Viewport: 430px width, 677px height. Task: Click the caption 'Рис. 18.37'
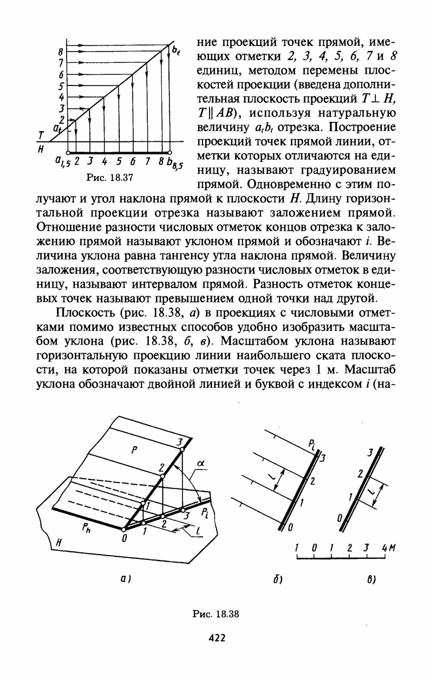click(110, 177)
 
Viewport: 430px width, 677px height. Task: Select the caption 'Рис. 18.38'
click(216, 614)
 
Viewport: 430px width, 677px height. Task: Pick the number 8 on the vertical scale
click(61, 53)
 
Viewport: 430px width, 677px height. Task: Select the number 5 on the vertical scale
click(61, 86)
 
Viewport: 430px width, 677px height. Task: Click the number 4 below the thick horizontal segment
click(104, 161)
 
